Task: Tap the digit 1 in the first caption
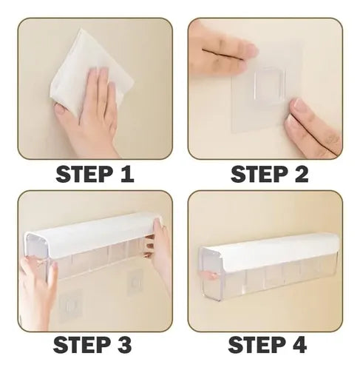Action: click(126, 174)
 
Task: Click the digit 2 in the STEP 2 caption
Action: click(299, 174)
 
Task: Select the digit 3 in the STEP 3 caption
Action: click(123, 345)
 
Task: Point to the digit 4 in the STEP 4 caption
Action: click(297, 345)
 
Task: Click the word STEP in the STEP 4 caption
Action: click(254, 345)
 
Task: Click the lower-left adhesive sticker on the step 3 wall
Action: click(69, 305)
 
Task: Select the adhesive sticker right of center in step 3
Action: click(135, 282)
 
